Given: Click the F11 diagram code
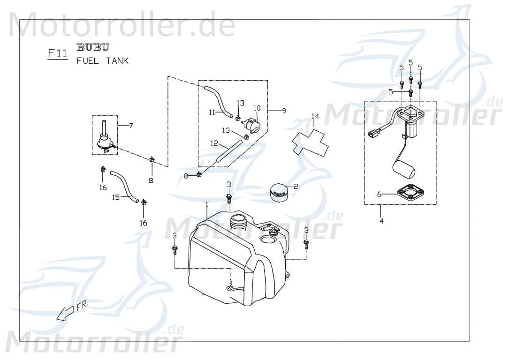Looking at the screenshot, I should click(x=57, y=53).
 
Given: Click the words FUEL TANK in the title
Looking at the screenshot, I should click(x=102, y=61).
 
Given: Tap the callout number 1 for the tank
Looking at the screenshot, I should click(x=206, y=205).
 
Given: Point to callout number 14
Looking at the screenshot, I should click(x=315, y=116).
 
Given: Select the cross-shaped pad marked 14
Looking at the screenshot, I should click(x=310, y=141).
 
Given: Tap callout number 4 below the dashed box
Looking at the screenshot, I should click(x=381, y=220).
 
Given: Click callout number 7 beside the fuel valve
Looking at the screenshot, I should click(x=131, y=125).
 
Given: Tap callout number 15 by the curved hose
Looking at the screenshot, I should click(x=115, y=197).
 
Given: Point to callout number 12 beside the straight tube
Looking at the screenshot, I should click(x=214, y=143).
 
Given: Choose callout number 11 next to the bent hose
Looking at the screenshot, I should click(x=212, y=112).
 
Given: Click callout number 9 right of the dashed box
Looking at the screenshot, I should click(x=284, y=111).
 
